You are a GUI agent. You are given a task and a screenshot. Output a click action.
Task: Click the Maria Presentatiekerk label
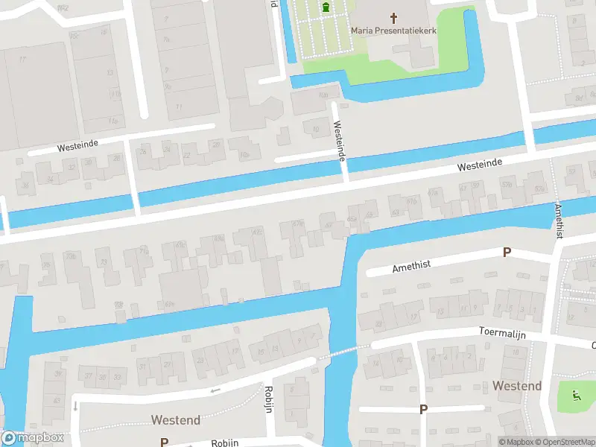point(394,31)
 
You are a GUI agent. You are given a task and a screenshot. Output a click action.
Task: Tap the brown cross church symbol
point(394,16)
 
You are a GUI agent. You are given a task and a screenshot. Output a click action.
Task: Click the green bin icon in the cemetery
point(326,8)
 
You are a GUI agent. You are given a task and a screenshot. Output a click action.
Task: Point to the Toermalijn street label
point(502,333)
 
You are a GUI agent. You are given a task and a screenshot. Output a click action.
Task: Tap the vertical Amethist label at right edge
point(558,220)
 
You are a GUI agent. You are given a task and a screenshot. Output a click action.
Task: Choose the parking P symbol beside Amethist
point(507,253)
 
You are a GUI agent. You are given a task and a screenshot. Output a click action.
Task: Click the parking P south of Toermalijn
point(423,409)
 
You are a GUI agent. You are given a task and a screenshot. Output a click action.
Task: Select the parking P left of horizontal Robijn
point(164,442)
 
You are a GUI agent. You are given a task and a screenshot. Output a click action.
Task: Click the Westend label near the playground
point(516,386)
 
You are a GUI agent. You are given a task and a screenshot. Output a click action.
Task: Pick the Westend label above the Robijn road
point(175,420)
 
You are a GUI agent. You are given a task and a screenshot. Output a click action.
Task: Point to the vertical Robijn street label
point(267,399)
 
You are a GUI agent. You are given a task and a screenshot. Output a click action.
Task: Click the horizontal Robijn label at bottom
point(224,443)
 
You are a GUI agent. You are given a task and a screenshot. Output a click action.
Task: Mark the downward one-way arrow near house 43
point(75,406)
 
